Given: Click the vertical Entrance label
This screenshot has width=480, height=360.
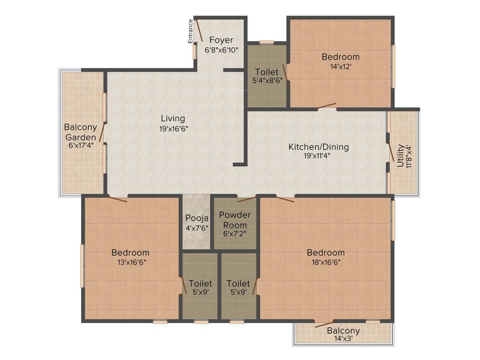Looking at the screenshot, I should pyautogui.click(x=191, y=31).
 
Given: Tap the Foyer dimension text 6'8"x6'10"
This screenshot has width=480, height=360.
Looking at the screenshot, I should pyautogui.click(x=221, y=50).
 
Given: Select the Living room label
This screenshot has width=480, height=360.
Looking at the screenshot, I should pyautogui.click(x=173, y=119).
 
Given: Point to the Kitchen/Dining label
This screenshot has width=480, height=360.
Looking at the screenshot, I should pyautogui.click(x=318, y=147).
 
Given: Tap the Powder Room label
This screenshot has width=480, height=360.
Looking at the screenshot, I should pyautogui.click(x=235, y=220).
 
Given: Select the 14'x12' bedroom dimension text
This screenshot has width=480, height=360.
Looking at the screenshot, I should pyautogui.click(x=341, y=67).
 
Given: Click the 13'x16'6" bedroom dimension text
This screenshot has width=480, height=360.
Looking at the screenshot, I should pyautogui.click(x=130, y=262).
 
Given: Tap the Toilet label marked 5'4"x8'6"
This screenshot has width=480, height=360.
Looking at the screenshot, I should pyautogui.click(x=267, y=72).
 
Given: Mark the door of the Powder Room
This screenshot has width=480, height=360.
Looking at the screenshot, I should pyautogui.click(x=246, y=199).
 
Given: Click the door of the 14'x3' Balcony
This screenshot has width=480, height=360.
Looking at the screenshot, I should pyautogui.click(x=324, y=323).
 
